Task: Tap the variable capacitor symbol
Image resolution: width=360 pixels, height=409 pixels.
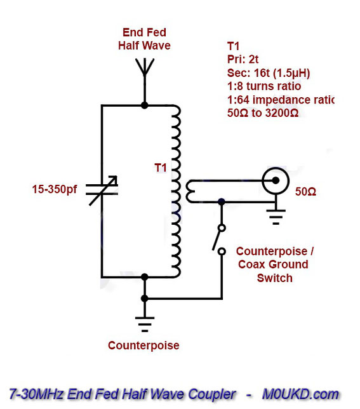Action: (x=102, y=190)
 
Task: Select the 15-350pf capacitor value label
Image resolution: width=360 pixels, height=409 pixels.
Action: (x=55, y=189)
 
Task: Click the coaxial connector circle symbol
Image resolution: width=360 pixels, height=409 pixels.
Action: (x=276, y=180)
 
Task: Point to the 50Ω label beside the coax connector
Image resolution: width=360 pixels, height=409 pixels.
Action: (x=305, y=192)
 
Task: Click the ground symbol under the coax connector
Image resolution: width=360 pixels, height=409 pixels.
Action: (x=276, y=217)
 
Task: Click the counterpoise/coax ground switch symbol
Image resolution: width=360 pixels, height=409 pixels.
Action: (x=218, y=239)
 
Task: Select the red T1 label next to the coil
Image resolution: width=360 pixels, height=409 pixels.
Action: (x=161, y=168)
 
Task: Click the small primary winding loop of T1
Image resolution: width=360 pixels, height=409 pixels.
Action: (x=190, y=191)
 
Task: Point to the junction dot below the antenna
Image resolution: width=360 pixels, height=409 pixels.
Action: (x=144, y=105)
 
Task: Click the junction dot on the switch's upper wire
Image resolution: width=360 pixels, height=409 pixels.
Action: (x=222, y=201)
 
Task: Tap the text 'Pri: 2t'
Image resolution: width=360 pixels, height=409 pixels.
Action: (x=243, y=60)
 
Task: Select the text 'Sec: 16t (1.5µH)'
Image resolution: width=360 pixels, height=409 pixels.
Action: (x=269, y=73)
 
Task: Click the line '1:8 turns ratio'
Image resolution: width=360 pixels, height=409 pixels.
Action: (x=264, y=86)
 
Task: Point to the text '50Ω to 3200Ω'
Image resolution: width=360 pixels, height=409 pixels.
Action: (x=263, y=113)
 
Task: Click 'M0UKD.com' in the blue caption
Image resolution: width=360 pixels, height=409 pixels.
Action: (x=300, y=394)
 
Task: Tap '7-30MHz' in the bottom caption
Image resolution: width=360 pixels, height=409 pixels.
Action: (x=36, y=394)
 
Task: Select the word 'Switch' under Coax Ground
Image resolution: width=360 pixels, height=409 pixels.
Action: (x=274, y=278)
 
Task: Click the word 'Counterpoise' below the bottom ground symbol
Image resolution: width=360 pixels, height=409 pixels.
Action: (x=143, y=345)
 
